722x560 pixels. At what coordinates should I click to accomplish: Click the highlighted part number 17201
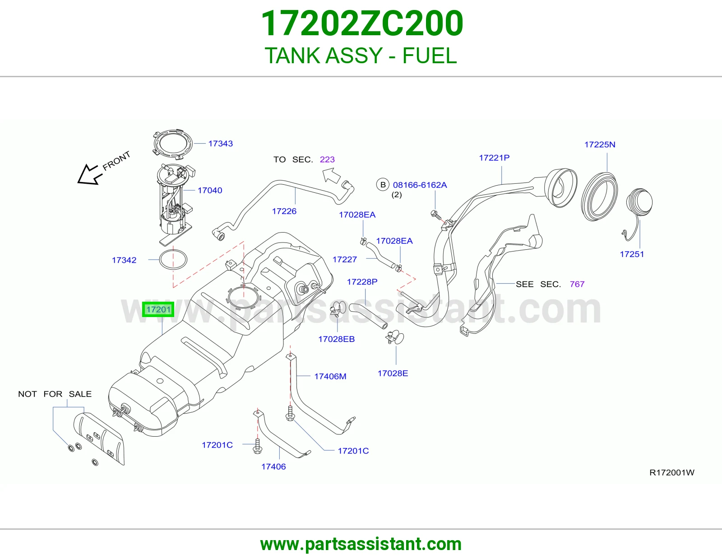(x=158, y=310)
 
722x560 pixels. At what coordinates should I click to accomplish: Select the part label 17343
(x=221, y=144)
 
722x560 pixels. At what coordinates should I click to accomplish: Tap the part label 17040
(x=210, y=191)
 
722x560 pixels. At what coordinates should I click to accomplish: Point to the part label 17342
(x=124, y=260)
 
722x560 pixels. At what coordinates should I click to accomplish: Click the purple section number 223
(x=327, y=159)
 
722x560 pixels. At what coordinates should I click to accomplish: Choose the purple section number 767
(x=577, y=285)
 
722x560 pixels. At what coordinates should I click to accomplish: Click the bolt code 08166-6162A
(x=420, y=185)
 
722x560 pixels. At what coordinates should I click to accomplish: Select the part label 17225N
(x=600, y=145)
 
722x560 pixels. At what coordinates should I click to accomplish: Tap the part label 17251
(x=632, y=254)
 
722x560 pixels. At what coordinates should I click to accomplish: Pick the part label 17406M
(x=330, y=377)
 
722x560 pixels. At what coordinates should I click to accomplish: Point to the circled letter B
(x=383, y=185)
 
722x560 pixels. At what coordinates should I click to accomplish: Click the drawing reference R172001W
(x=672, y=472)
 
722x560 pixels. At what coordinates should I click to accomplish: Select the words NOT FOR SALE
(x=55, y=394)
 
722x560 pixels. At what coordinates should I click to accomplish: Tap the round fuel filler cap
(x=639, y=202)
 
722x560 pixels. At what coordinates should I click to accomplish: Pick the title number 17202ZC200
(x=362, y=23)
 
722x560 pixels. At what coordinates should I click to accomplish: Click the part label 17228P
(x=362, y=282)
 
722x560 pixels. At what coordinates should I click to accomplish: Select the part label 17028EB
(x=337, y=339)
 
